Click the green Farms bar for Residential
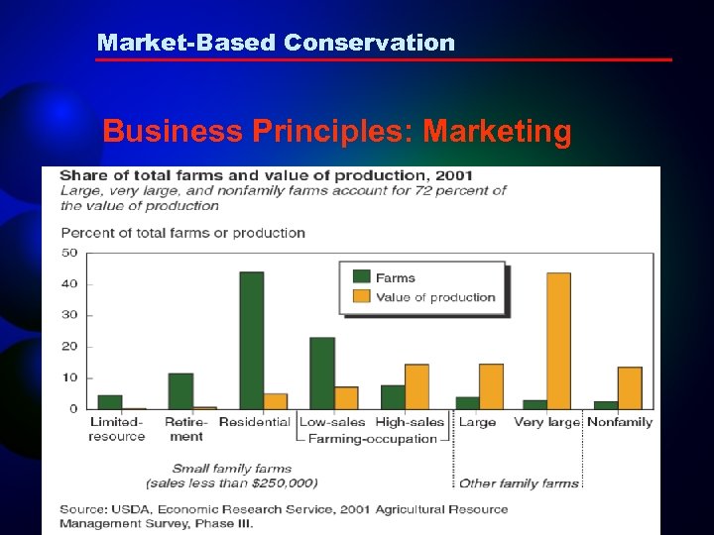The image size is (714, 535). coord(252,340)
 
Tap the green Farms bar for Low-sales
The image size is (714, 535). coord(322,373)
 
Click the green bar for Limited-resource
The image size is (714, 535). coord(110,401)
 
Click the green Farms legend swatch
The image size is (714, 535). coord(361,278)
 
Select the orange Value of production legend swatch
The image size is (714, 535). coord(361,297)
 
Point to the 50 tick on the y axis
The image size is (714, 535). coord(69,253)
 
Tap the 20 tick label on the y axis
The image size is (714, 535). coord(69,347)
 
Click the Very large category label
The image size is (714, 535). coord(546,422)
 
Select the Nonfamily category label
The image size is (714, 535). coord(620,422)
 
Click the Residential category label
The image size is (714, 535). coord(254,422)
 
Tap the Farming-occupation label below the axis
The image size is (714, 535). coord(373,438)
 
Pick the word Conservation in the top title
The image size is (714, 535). coord(369,43)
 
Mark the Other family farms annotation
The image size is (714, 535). coord(519,483)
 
